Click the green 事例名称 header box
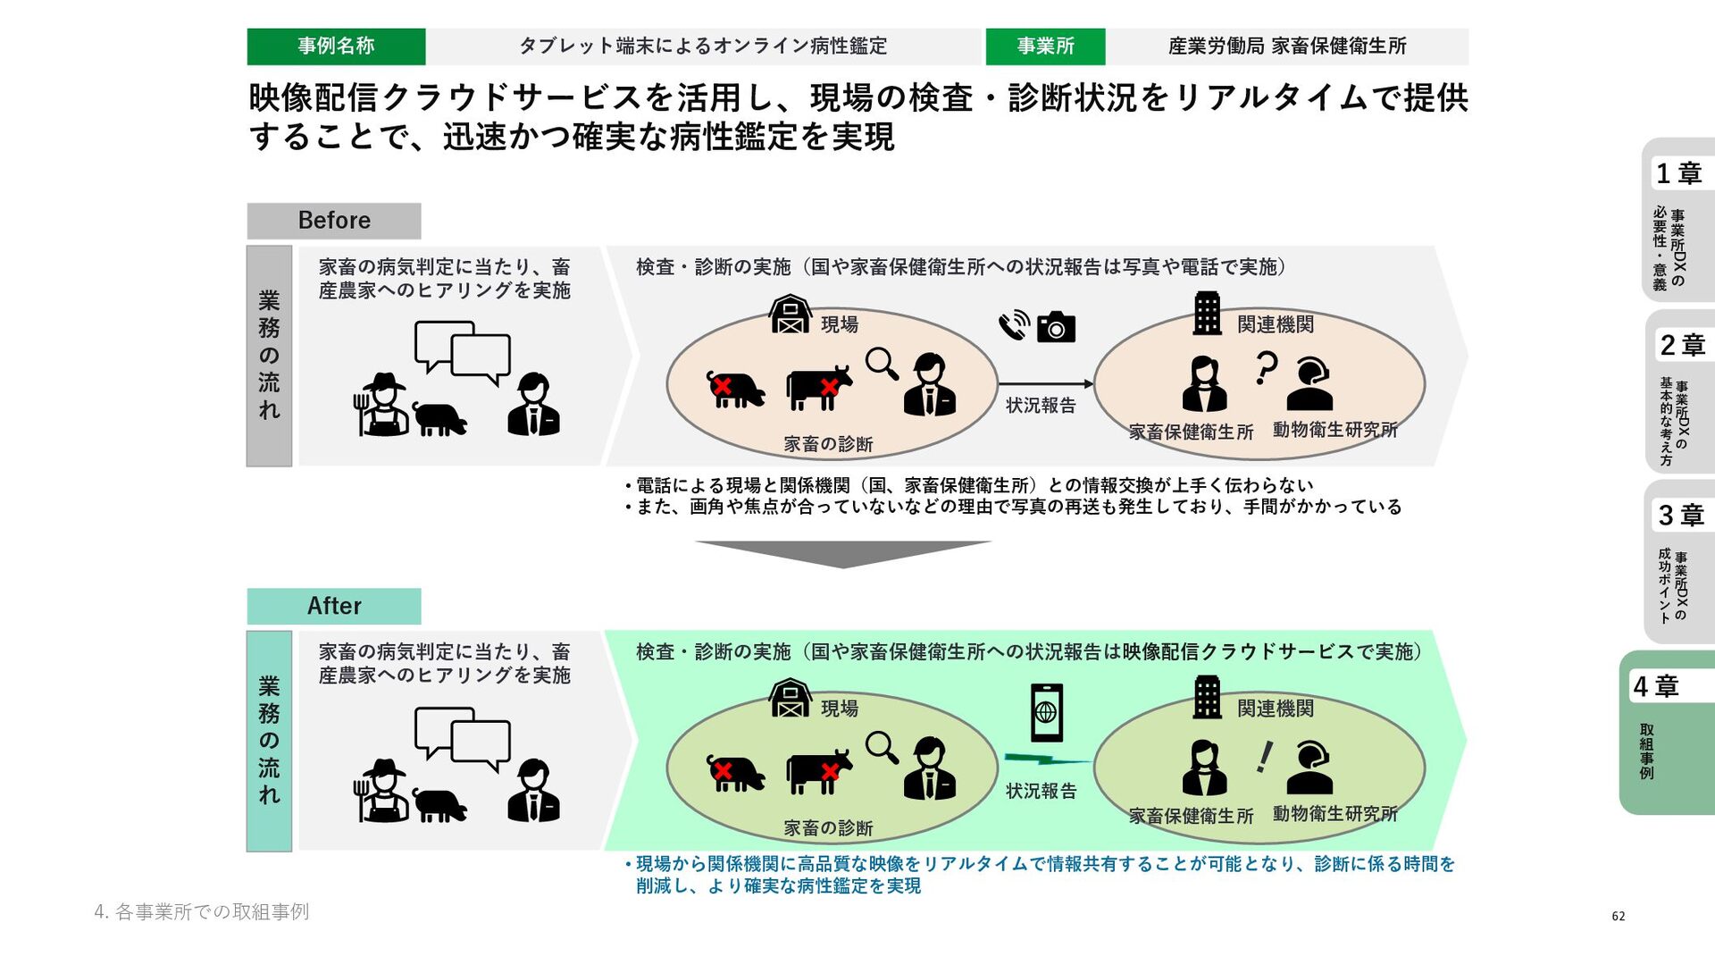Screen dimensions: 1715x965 pos(336,46)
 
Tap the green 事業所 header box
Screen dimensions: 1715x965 pos(1045,46)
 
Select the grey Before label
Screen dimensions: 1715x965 pos(334,221)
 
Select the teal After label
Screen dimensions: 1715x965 pos(334,606)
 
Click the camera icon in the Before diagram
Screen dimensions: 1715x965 pos(1056,328)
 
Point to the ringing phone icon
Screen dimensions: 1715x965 pos(1014,325)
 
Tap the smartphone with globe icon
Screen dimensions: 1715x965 pos(1046,712)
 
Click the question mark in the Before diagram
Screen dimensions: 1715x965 pos(1266,367)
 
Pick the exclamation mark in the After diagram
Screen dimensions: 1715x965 pos(1264,757)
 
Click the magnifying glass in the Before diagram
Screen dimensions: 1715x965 pos(882,364)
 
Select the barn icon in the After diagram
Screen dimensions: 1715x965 pos(791,698)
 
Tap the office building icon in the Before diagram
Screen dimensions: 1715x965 pos(1207,314)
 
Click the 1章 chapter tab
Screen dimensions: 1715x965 pos(1678,219)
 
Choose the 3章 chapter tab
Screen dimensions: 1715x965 pos(1680,561)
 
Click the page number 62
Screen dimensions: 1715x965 pos(1618,916)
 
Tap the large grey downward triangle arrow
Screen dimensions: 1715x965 pos(843,552)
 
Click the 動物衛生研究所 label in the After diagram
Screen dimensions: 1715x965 pos(1334,814)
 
